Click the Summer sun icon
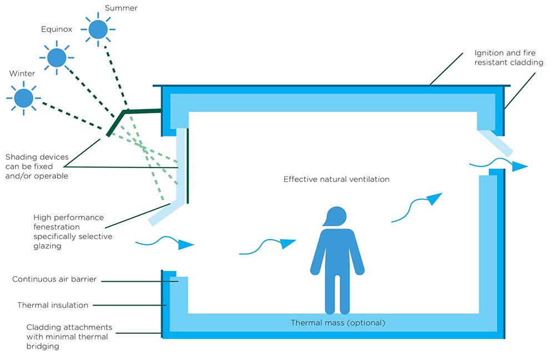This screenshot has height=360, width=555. click(98, 29)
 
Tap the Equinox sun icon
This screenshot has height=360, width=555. click(56, 57)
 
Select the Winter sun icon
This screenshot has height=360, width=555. click(24, 98)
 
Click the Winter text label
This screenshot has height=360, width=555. click(22, 73)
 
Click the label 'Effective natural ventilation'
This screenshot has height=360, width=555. click(336, 179)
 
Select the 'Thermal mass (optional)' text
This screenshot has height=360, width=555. click(337, 322)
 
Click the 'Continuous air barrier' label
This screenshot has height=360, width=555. click(54, 279)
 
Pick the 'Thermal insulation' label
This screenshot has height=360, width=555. click(53, 305)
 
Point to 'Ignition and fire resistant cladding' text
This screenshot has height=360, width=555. click(508, 58)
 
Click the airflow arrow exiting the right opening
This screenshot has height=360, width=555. click(498, 164)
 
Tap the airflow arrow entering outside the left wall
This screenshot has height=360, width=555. click(165, 242)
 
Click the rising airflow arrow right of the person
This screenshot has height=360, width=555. click(417, 207)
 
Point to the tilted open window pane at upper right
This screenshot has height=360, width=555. click(495, 143)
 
